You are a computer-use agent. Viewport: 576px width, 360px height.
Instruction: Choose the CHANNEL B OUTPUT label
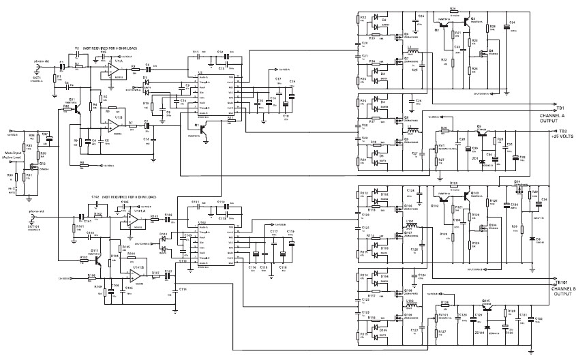click(x=564, y=292)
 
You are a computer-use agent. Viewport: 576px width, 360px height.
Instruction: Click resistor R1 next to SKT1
click(x=61, y=77)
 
